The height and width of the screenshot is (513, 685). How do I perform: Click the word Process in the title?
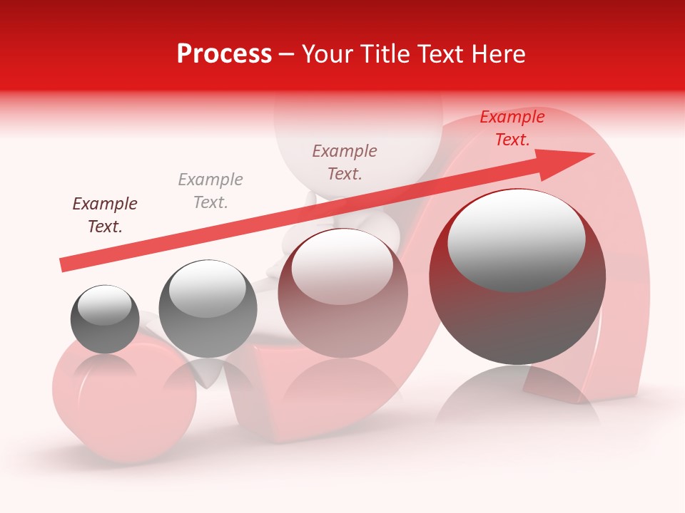click(x=224, y=54)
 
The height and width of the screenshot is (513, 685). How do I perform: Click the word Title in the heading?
click(x=391, y=54)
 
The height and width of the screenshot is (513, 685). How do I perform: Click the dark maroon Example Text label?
click(x=105, y=214)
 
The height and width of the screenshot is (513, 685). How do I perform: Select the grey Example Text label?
click(x=210, y=190)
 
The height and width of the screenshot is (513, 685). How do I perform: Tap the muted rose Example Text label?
click(x=345, y=162)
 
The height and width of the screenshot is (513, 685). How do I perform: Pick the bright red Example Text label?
click(x=512, y=128)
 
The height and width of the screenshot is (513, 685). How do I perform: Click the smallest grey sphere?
click(x=105, y=319)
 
